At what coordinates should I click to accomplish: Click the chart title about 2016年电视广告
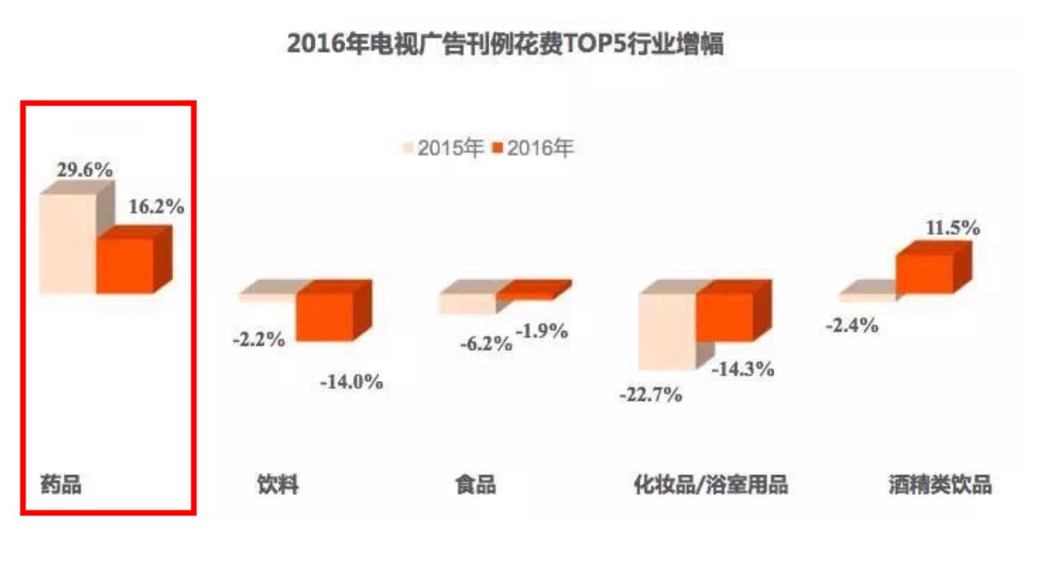click(504, 45)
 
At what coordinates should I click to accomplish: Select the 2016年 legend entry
click(532, 149)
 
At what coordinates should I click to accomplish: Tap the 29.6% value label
click(85, 170)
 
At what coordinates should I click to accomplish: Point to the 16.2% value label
click(156, 206)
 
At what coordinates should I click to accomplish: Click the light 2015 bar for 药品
click(68, 244)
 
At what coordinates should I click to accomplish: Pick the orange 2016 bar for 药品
click(125, 266)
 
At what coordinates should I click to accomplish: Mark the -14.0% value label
click(351, 382)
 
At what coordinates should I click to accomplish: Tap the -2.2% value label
click(259, 339)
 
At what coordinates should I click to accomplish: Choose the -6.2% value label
click(485, 343)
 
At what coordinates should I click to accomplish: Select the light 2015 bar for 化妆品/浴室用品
click(666, 331)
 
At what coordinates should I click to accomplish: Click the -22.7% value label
click(650, 395)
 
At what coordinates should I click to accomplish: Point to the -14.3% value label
click(743, 369)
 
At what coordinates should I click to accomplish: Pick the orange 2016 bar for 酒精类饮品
click(925, 274)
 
